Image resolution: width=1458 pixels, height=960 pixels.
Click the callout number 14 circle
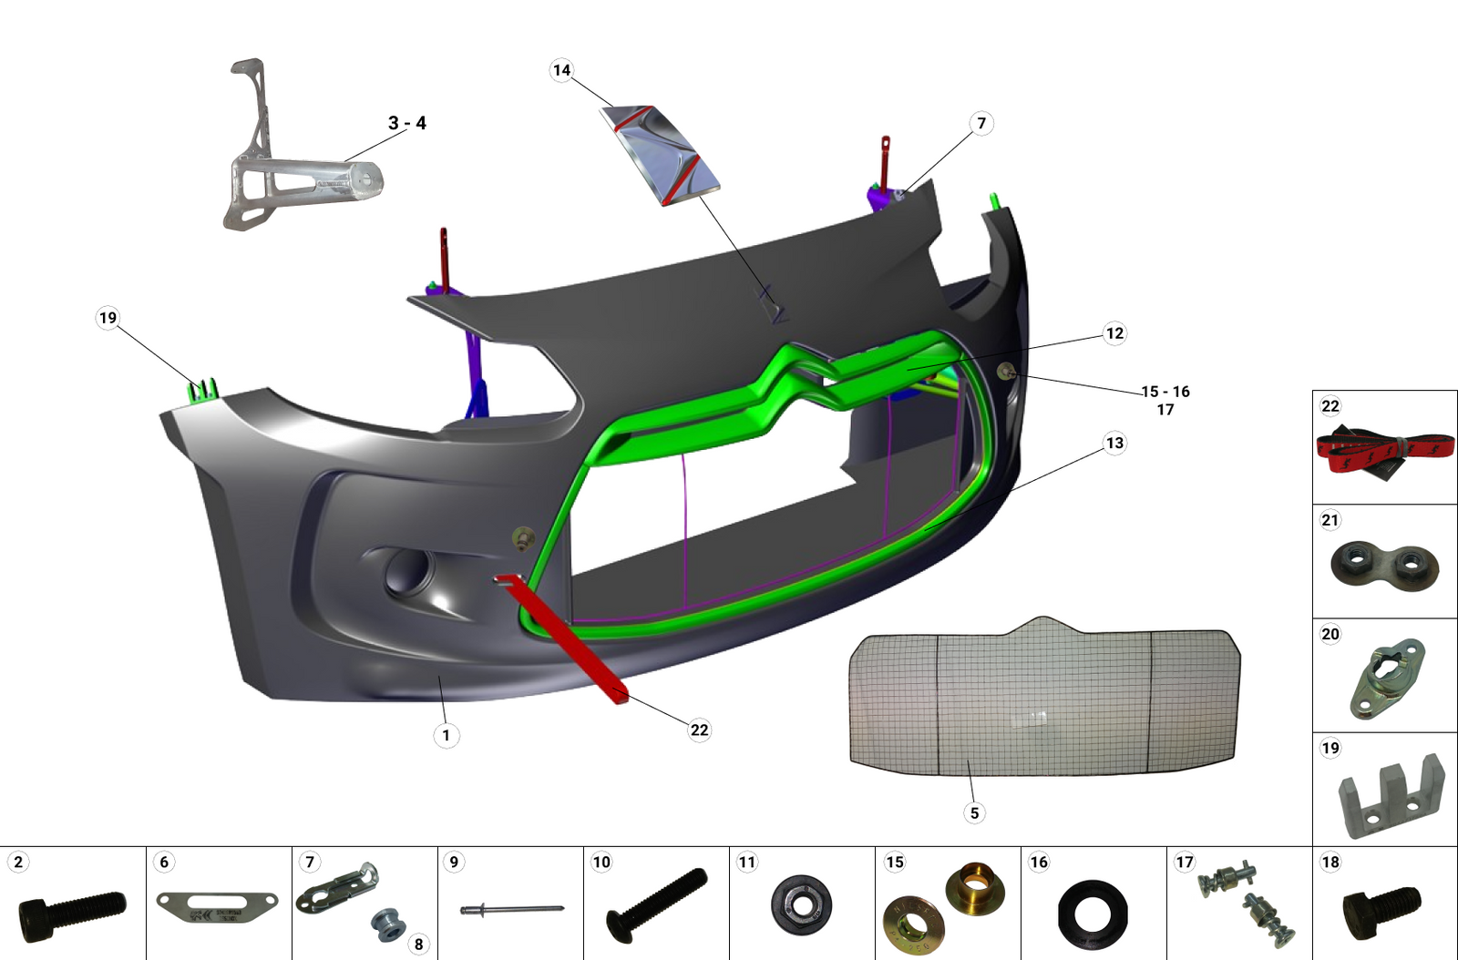(561, 70)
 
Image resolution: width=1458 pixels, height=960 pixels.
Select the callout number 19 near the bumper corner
(108, 318)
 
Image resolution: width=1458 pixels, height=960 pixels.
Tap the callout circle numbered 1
(446, 735)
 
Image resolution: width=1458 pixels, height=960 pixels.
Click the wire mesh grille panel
(1043, 701)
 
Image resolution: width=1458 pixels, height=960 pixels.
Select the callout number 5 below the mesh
(974, 813)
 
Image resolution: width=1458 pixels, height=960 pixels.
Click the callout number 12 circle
(1114, 333)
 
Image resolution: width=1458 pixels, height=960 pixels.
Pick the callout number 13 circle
(1114, 444)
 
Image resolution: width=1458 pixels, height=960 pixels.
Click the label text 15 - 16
(1165, 392)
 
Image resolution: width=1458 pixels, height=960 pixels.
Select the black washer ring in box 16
(1093, 914)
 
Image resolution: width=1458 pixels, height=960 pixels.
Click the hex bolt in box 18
(1381, 910)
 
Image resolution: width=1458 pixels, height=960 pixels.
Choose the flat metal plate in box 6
(217, 906)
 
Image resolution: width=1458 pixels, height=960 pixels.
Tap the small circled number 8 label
(418, 944)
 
